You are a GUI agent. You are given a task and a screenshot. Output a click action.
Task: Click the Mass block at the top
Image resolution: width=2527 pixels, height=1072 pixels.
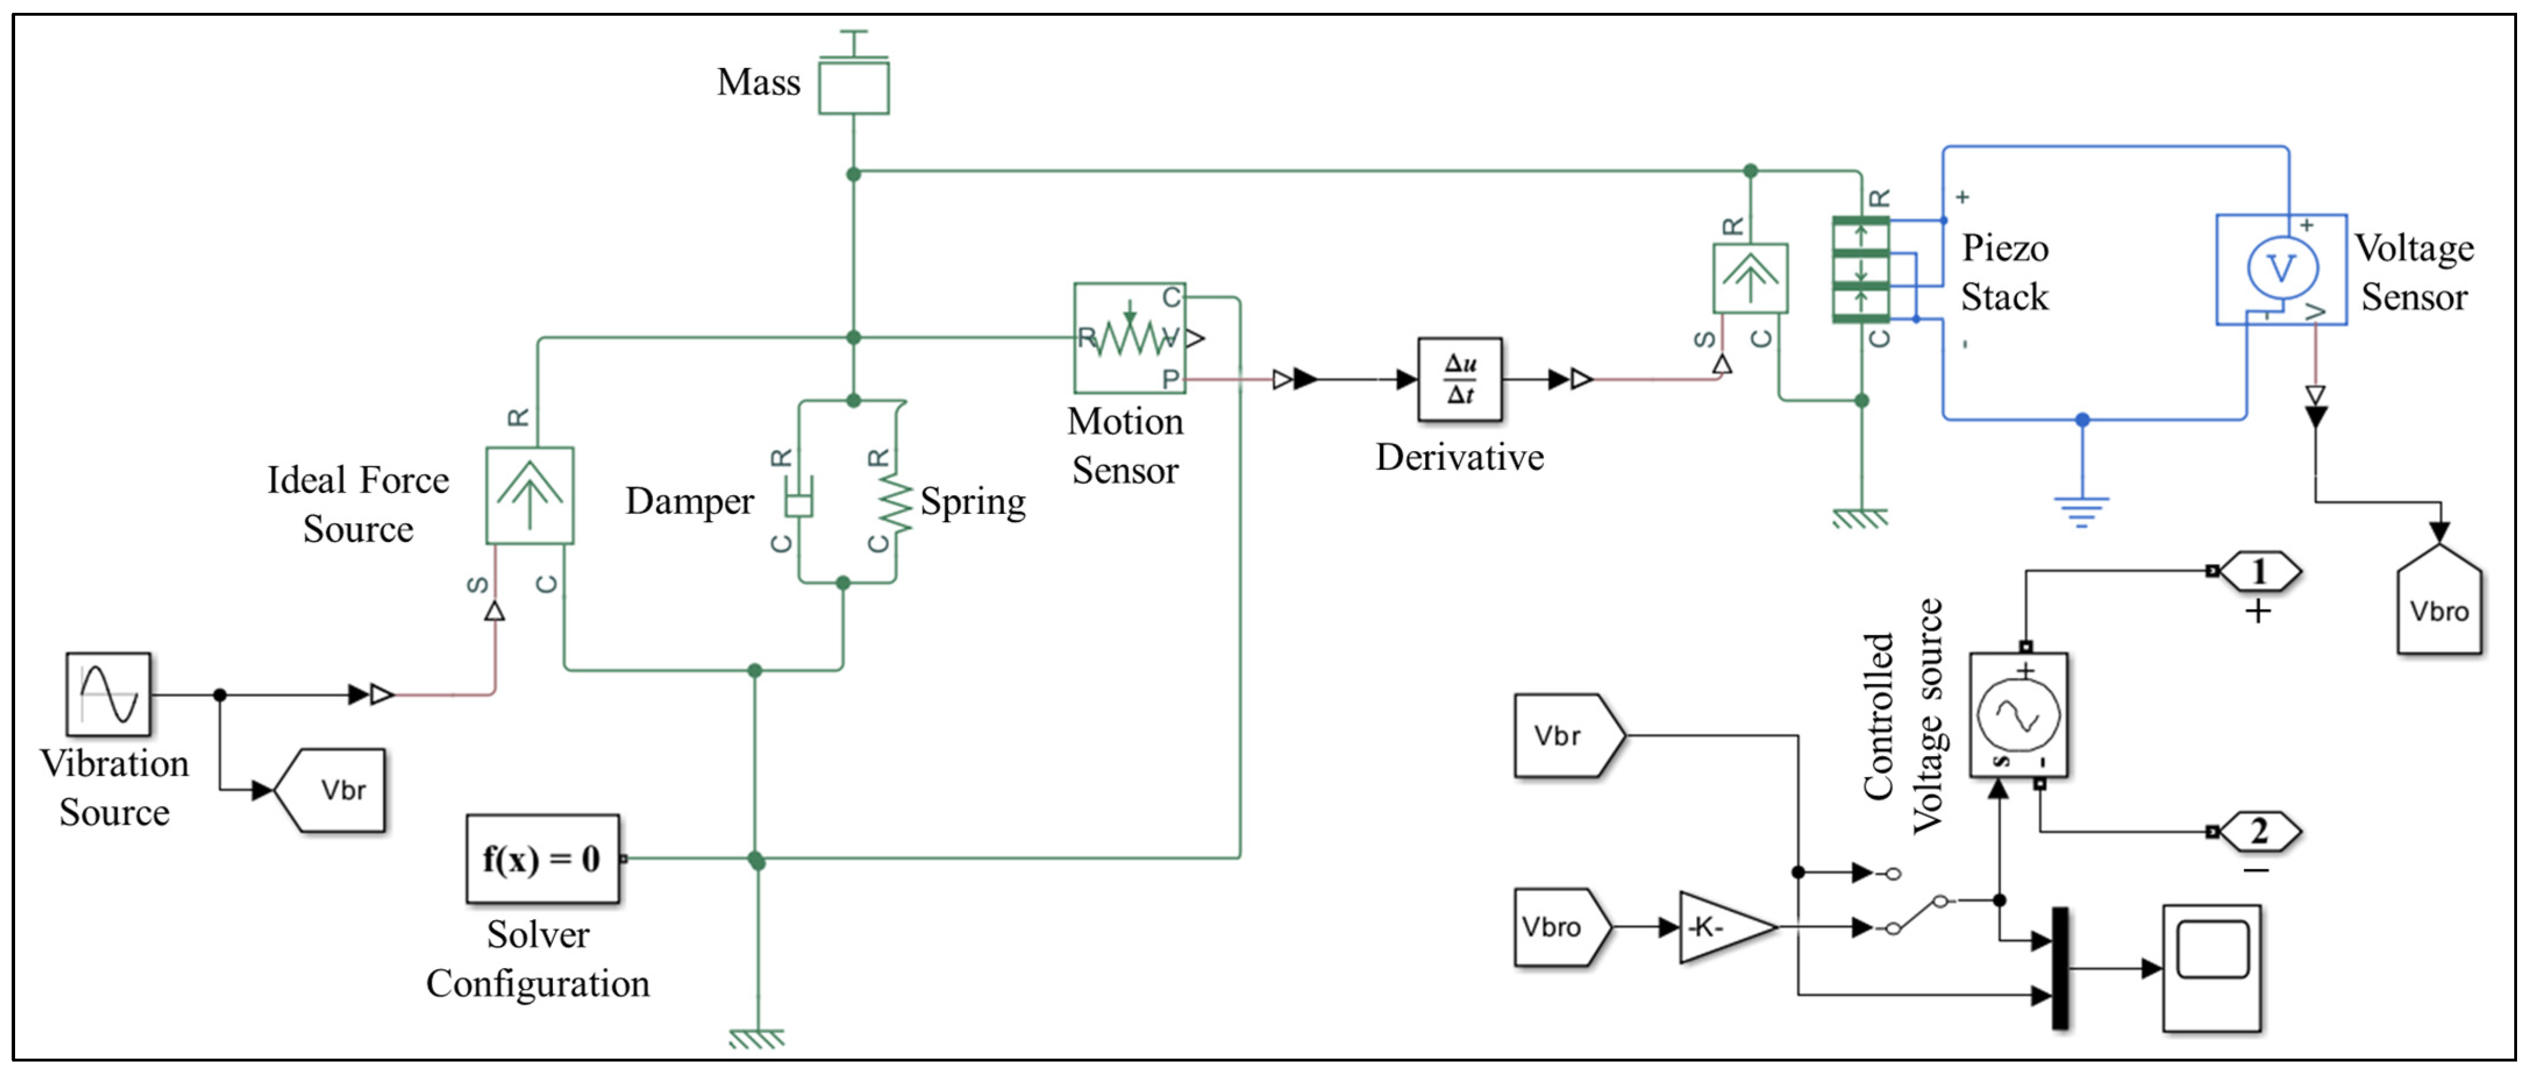pyautogui.click(x=854, y=86)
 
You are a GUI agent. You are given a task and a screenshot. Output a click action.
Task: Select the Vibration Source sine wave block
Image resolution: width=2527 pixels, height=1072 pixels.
pyautogui.click(x=108, y=694)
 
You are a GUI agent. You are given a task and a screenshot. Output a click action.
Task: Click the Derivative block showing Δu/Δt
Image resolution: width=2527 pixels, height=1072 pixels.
pyautogui.click(x=1459, y=380)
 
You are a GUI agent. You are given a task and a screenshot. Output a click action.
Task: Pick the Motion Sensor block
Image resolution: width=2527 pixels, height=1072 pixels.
pyautogui.click(x=1130, y=338)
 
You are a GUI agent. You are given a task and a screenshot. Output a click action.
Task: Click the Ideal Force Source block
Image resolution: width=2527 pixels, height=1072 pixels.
pyautogui.click(x=530, y=495)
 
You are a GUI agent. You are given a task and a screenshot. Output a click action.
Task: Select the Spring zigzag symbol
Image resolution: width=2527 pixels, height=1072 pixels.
pyautogui.click(x=895, y=500)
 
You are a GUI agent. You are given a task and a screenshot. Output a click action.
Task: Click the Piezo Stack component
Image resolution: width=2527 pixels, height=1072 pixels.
pyautogui.click(x=1861, y=270)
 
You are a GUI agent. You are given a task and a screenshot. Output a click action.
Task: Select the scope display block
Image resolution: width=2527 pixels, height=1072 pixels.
pyautogui.click(x=2212, y=968)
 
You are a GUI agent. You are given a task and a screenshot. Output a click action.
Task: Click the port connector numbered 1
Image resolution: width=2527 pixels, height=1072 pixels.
pyautogui.click(x=2259, y=571)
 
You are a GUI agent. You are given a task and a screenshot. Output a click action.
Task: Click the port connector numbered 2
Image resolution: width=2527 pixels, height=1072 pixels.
pyautogui.click(x=2259, y=832)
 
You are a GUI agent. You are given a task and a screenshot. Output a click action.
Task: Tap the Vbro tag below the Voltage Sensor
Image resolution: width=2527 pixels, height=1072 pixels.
pyautogui.click(x=2440, y=601)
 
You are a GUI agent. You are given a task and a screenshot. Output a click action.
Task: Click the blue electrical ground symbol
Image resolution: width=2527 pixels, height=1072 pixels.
pyautogui.click(x=2082, y=512)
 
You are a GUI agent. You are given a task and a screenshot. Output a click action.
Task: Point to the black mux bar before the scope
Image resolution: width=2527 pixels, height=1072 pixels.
pyautogui.click(x=2061, y=968)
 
